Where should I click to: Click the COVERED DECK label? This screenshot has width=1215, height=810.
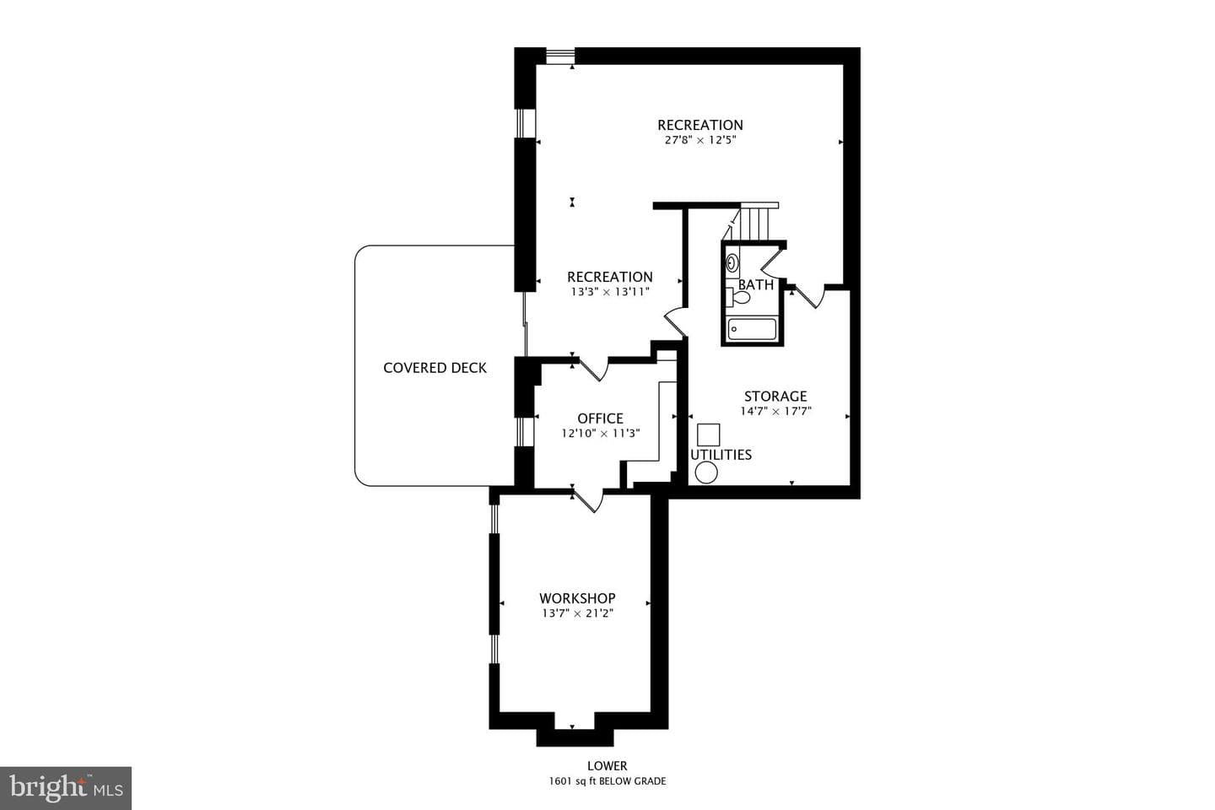click(x=435, y=368)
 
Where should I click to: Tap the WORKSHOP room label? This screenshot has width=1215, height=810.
click(x=577, y=598)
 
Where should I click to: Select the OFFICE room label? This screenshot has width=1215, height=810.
click(x=601, y=418)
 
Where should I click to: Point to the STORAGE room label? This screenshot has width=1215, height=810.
click(x=775, y=396)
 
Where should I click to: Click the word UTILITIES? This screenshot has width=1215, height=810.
click(x=721, y=455)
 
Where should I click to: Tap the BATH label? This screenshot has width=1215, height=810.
click(x=756, y=284)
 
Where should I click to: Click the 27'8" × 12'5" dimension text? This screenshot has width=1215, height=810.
click(x=700, y=140)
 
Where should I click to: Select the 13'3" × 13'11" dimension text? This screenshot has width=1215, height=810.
click(x=610, y=292)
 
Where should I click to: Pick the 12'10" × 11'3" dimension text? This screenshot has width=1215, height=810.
click(x=601, y=434)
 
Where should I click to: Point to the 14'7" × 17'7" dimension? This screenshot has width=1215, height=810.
click(x=775, y=411)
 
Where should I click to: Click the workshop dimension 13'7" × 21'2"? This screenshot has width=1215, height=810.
click(x=577, y=613)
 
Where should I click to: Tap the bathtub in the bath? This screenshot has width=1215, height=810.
click(x=752, y=329)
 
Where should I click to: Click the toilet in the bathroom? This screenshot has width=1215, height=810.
click(x=738, y=297)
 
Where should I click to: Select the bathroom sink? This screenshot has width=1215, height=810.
click(x=732, y=263)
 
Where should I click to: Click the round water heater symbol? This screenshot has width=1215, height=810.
click(x=706, y=472)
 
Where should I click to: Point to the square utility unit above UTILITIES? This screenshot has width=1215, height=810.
click(x=709, y=435)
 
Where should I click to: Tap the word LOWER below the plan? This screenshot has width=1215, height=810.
click(x=607, y=766)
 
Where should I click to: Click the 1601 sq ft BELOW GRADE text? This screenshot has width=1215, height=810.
click(x=607, y=781)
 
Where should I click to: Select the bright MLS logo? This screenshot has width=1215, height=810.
click(x=66, y=788)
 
